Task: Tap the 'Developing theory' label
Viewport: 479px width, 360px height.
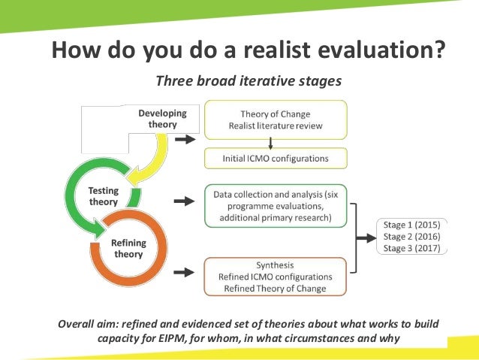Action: [161, 119]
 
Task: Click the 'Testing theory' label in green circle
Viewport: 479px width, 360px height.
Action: [104, 197]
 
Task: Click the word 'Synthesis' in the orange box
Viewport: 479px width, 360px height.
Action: [275, 265]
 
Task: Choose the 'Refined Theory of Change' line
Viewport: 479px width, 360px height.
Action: [276, 289]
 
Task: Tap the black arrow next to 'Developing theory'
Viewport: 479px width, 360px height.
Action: [184, 139]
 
